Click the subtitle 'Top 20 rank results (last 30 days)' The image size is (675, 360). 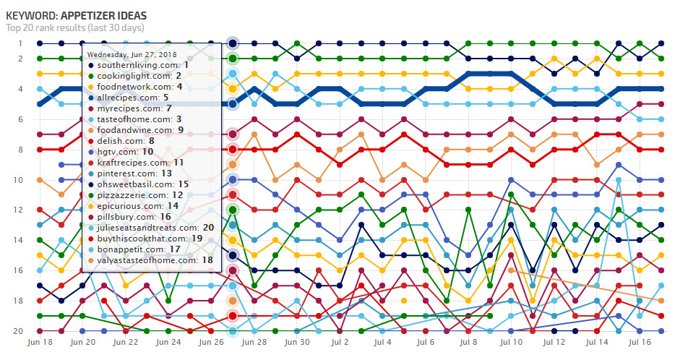pyautogui.click(x=75, y=28)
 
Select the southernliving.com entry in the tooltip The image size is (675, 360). pyautogui.click(x=137, y=65)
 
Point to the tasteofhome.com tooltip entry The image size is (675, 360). pyautogui.click(x=134, y=119)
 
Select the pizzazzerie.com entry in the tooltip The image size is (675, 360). pyautogui.click(x=138, y=194)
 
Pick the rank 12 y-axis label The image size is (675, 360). pyautogui.click(x=20, y=210)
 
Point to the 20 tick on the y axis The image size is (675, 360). pyautogui.click(x=20, y=331)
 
